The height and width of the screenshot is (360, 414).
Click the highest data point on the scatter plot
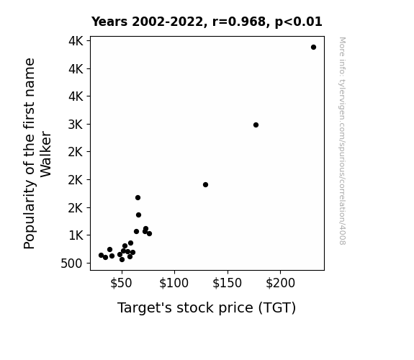pyautogui.click(x=313, y=48)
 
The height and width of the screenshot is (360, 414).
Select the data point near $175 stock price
pyautogui.click(x=256, y=125)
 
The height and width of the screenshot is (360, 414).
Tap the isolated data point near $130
pyautogui.click(x=205, y=184)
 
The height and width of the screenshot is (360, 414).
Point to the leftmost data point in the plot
pyautogui.click(x=101, y=255)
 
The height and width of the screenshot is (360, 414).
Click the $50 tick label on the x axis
pyautogui.click(x=121, y=283)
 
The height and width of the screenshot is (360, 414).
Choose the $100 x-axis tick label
pyautogui.click(x=174, y=283)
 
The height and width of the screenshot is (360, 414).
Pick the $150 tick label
pyautogui.click(x=227, y=283)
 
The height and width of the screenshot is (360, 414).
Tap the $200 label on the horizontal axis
pyautogui.click(x=280, y=283)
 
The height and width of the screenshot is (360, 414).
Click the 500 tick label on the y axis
pyautogui.click(x=71, y=264)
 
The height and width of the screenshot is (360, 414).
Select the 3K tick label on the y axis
pyautogui.click(x=76, y=125)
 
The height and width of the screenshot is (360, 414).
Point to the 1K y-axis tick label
pyautogui.click(x=76, y=235)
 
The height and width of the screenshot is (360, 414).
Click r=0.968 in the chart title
pyautogui.click(x=239, y=22)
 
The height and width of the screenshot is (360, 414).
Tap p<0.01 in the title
pyautogui.click(x=299, y=22)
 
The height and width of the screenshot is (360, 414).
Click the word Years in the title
pyautogui.click(x=109, y=22)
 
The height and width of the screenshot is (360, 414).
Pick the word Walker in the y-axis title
pyautogui.click(x=45, y=154)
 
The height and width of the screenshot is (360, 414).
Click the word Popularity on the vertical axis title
pyautogui.click(x=29, y=215)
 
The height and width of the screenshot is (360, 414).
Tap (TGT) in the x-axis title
pyautogui.click(x=277, y=308)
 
